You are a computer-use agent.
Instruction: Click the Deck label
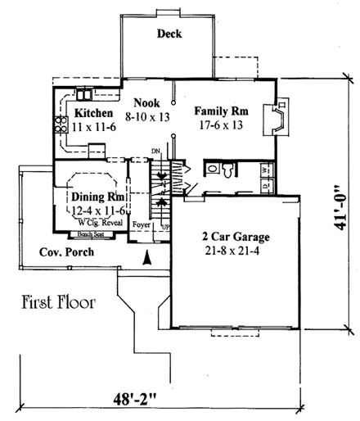pyautogui.click(x=169, y=34)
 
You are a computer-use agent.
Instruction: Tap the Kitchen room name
pyautogui.click(x=92, y=113)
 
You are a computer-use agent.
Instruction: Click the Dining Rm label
pyautogui.click(x=88, y=197)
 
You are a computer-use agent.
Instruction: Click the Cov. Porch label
pyautogui.click(x=66, y=251)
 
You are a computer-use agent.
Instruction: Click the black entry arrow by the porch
pyautogui.click(x=147, y=259)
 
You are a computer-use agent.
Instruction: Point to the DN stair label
pyautogui.click(x=155, y=152)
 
